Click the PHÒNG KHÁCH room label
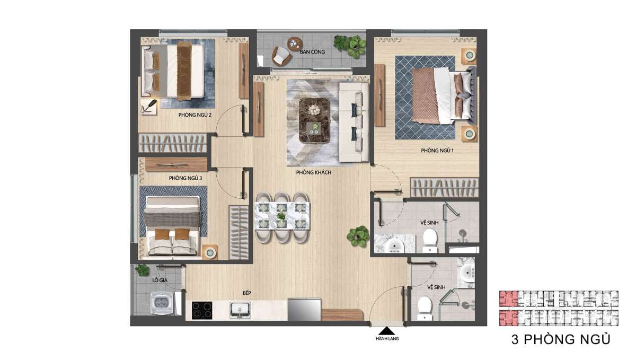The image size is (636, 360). pyautogui.click(x=313, y=172)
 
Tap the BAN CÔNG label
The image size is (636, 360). pyautogui.click(x=312, y=52)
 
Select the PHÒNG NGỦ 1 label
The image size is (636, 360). pyautogui.click(x=437, y=151)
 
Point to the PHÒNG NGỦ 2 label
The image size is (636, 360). pyautogui.click(x=195, y=115)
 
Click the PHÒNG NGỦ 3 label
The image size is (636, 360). pyautogui.click(x=185, y=178)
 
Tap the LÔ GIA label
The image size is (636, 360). pyautogui.click(x=160, y=280)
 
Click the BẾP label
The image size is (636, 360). pyautogui.click(x=247, y=293)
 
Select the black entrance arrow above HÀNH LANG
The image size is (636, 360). pyautogui.click(x=387, y=331)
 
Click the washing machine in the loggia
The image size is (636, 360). pyautogui.click(x=162, y=303)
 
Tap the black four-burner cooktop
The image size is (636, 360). pyautogui.click(x=202, y=310)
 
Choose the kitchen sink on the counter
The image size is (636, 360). pyautogui.click(x=240, y=310)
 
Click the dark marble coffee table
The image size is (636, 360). pyautogui.click(x=314, y=120)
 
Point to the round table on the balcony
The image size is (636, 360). pyautogui.click(x=295, y=45)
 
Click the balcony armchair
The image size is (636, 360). pyautogui.click(x=281, y=56)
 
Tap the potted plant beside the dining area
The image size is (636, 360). pyautogui.click(x=358, y=236)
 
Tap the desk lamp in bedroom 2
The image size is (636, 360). pyautogui.click(x=150, y=106)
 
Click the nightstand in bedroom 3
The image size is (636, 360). pyautogui.click(x=210, y=252)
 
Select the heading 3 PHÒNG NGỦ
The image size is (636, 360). pyautogui.click(x=561, y=339)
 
